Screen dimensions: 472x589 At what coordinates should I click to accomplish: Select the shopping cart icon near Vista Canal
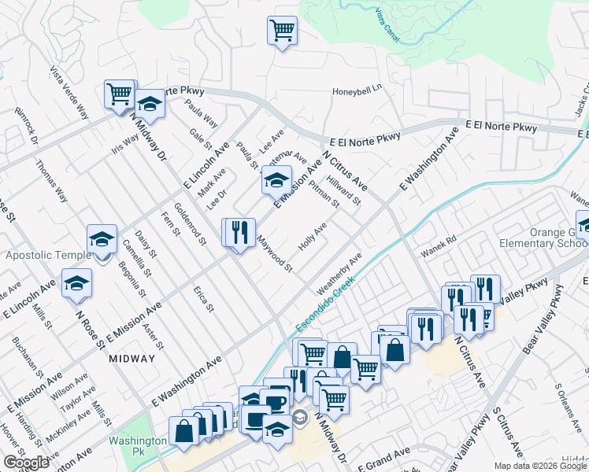pos(282,31)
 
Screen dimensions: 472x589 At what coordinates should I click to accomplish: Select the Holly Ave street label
pos(312,238)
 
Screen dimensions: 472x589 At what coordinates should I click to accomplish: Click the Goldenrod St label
pos(190,223)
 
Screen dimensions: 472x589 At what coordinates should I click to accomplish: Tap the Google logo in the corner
pos(26,463)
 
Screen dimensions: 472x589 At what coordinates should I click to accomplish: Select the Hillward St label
pos(345,189)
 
